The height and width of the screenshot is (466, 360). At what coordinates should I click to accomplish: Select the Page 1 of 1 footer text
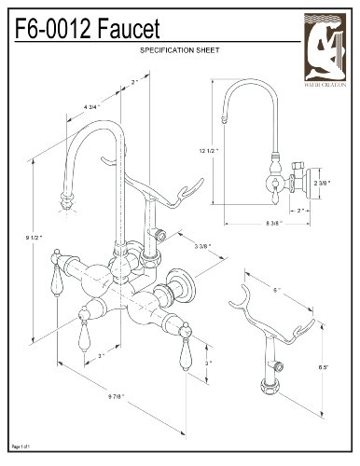[20, 450]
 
